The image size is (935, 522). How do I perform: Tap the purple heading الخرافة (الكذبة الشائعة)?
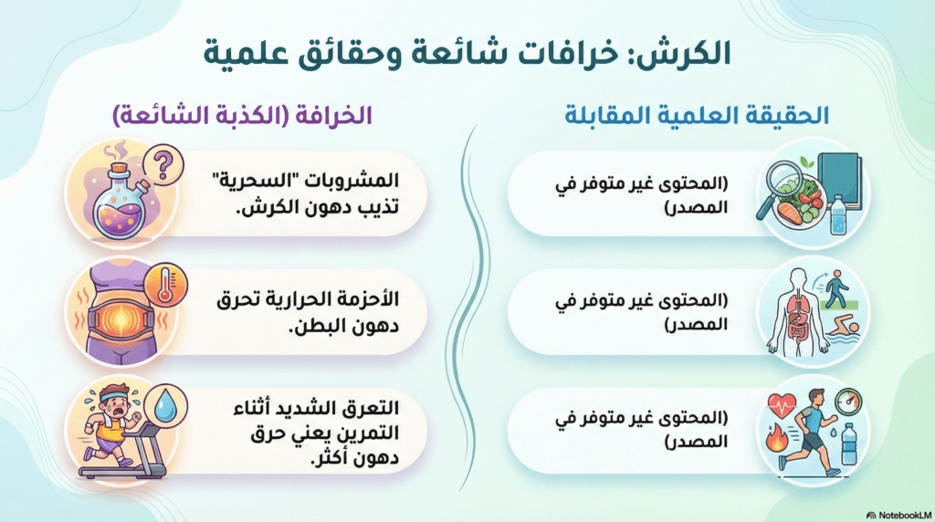(x=242, y=115)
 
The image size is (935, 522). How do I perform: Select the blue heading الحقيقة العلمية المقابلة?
(x=697, y=114)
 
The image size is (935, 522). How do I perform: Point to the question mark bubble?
(x=163, y=164)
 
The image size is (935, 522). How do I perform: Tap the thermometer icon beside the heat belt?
(x=168, y=285)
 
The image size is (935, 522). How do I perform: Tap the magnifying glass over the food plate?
(x=781, y=184)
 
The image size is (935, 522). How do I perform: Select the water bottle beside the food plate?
(x=838, y=215)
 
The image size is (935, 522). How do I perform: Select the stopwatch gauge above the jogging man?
(x=848, y=401)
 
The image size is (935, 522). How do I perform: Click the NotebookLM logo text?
(x=904, y=515)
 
